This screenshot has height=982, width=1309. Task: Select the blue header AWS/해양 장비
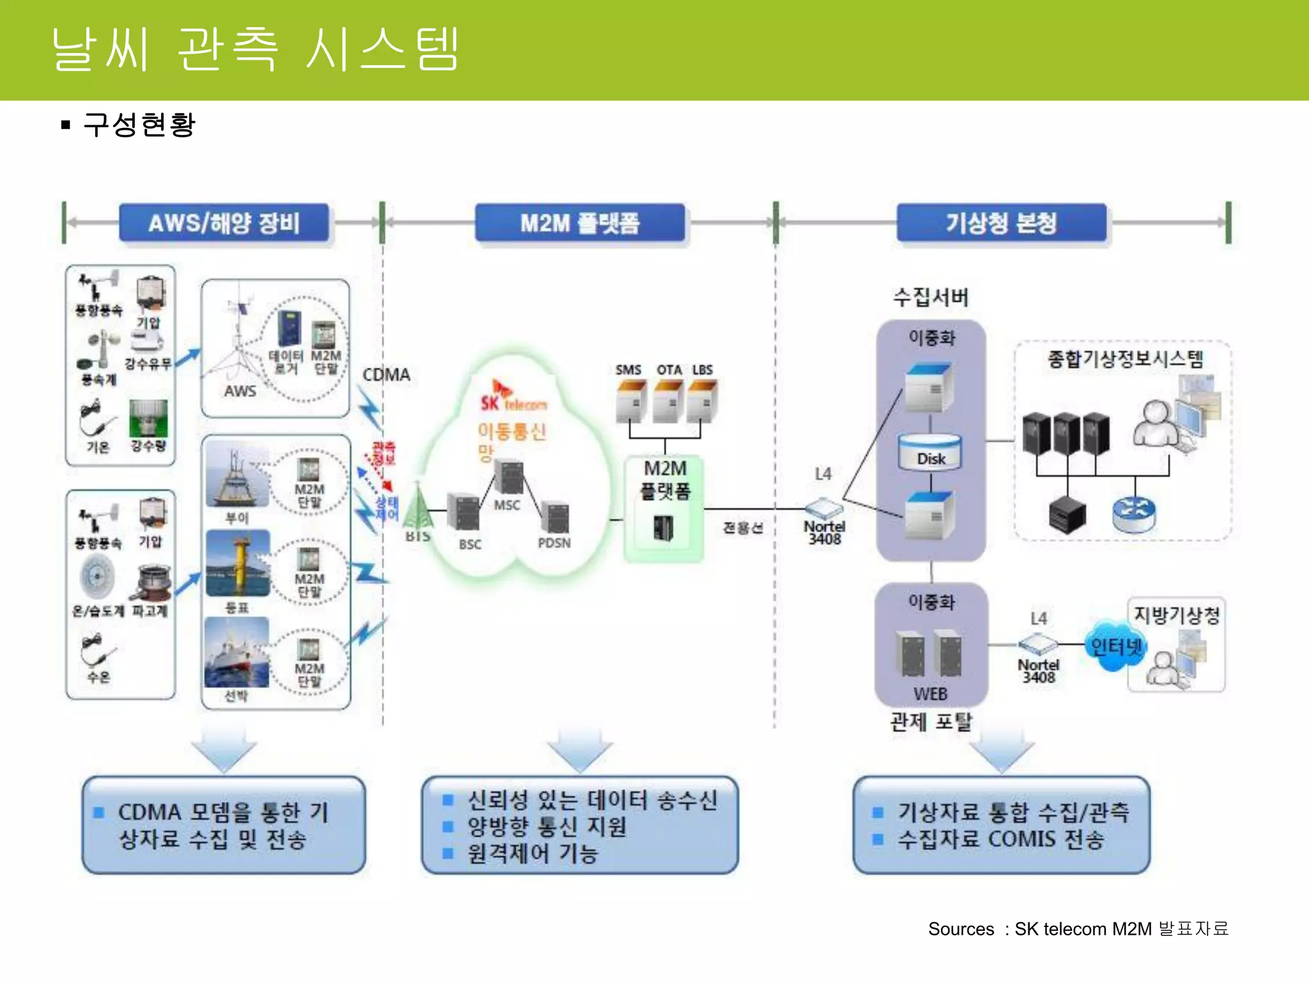(x=224, y=223)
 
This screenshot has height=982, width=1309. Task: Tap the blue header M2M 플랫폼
(x=580, y=223)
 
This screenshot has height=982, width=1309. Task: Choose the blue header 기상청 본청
(x=1001, y=223)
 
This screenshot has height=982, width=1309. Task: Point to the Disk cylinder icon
(x=930, y=452)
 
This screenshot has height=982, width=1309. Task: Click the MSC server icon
(x=509, y=477)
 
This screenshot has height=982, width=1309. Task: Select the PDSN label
(x=554, y=543)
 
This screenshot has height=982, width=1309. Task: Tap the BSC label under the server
(x=470, y=545)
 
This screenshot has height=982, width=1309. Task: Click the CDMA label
(x=386, y=375)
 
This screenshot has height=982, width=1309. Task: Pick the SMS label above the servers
(x=628, y=370)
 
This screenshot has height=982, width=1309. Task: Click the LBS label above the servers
(x=702, y=370)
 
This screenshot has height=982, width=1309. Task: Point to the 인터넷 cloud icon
(x=1115, y=646)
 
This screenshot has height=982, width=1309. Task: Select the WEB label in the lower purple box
(x=930, y=694)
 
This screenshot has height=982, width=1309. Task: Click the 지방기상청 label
(x=1176, y=615)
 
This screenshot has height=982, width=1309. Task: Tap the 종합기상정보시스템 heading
(x=1125, y=359)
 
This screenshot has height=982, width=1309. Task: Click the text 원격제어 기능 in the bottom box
(x=532, y=853)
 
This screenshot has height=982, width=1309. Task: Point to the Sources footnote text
(x=1078, y=928)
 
